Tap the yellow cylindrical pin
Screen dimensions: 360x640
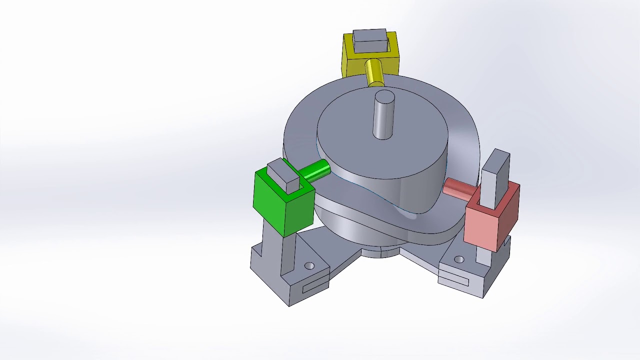pyautogui.click(x=374, y=73)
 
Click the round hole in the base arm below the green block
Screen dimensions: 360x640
pyautogui.click(x=309, y=265)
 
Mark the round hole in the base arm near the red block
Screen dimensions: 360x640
pyautogui.click(x=459, y=259)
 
